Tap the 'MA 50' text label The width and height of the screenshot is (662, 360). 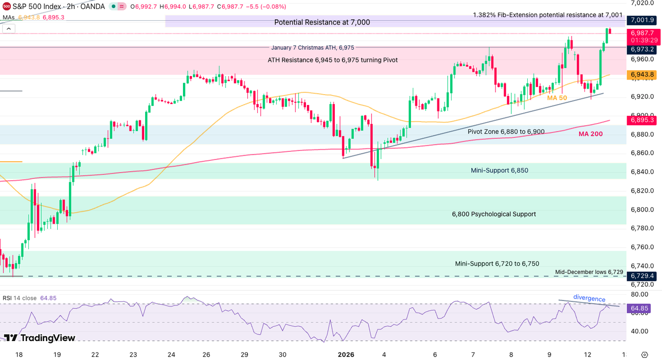(x=557, y=98)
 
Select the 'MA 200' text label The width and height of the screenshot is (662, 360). (x=591, y=134)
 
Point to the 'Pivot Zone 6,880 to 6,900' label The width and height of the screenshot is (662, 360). (x=506, y=132)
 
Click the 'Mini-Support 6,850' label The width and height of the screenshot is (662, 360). (x=499, y=170)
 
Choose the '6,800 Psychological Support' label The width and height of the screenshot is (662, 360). (x=494, y=214)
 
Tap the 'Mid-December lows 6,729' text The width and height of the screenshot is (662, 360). (x=589, y=272)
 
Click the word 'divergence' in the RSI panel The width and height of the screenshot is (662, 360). (x=589, y=299)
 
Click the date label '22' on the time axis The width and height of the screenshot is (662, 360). (x=95, y=354)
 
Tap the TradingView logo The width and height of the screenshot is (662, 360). (x=40, y=338)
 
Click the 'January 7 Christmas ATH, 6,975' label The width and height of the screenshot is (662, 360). (x=313, y=47)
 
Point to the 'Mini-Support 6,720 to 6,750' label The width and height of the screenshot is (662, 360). (x=497, y=263)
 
